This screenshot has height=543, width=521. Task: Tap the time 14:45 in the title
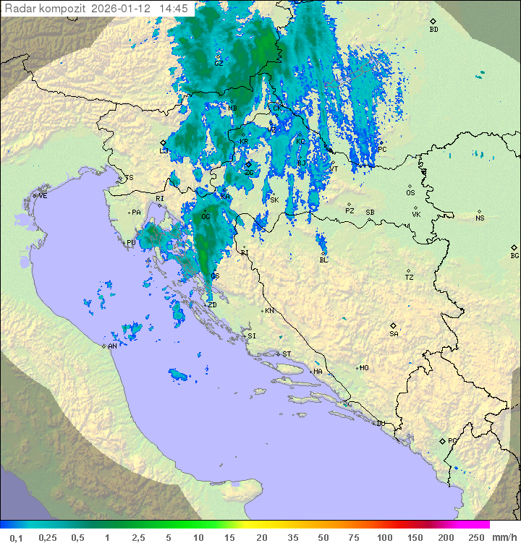pos(174,9)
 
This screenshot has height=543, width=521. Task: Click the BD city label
pos(433,30)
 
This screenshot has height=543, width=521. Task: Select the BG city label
pos(514,255)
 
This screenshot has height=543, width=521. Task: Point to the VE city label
pos(43,196)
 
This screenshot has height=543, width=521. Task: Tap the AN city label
pos(112,346)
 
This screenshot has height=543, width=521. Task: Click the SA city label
pos(394,334)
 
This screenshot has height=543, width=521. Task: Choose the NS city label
pos(480,218)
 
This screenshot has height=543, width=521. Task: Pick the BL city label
pos(323,260)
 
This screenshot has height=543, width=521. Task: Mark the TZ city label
pos(410,278)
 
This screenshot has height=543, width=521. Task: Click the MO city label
pos(364,368)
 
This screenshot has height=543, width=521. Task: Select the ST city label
pos(287,354)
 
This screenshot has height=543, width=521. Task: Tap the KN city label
pos(269,311)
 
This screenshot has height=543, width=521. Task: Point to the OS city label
pos(410,193)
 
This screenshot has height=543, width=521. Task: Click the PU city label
pos(131,244)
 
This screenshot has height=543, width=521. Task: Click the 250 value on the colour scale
pos(476,537)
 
